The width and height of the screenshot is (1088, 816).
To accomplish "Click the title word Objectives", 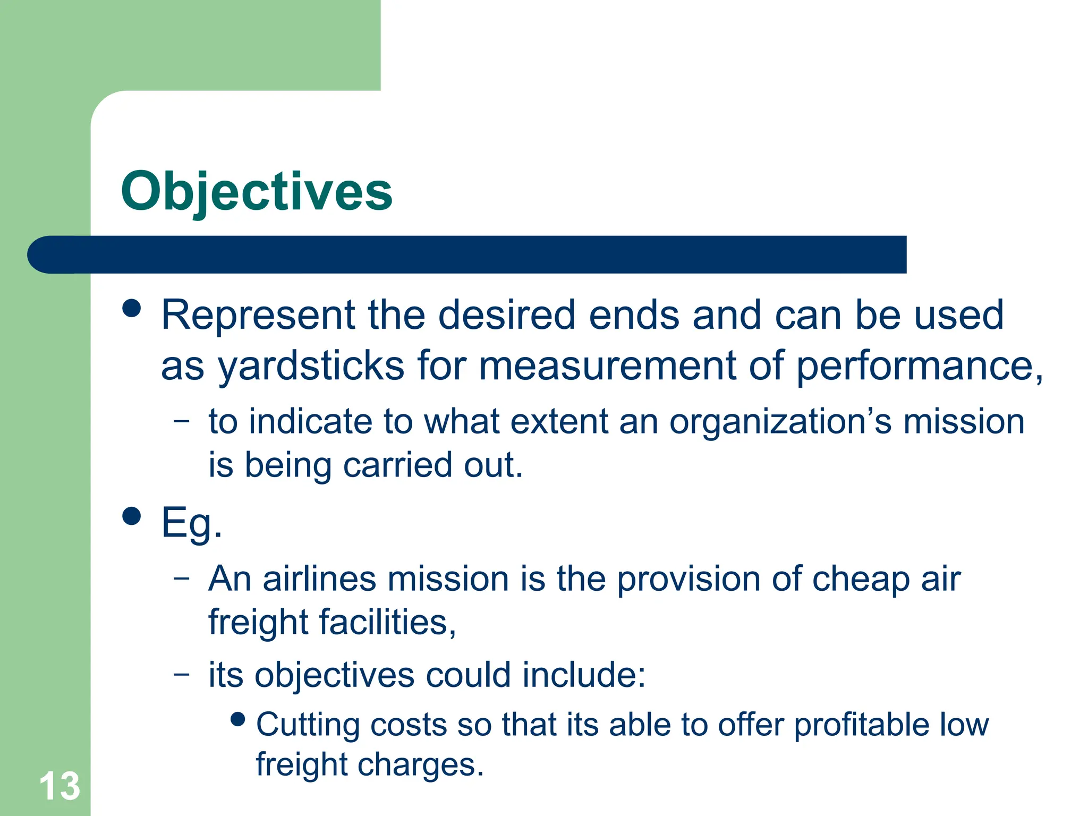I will coord(257,191).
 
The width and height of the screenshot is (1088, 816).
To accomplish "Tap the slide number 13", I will coord(59,786).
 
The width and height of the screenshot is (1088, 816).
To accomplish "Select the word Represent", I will coord(258,315).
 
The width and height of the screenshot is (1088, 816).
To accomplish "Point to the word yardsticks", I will coord(311,367).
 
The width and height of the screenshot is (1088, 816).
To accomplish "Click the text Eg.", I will coord(191,523).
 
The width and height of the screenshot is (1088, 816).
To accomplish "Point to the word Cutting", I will coord(307,726).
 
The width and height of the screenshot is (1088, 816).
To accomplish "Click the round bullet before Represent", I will coord(132,308).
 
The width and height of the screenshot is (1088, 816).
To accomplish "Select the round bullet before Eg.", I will coord(132,515).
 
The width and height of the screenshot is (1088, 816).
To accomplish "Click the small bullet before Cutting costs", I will coord(239,719).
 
